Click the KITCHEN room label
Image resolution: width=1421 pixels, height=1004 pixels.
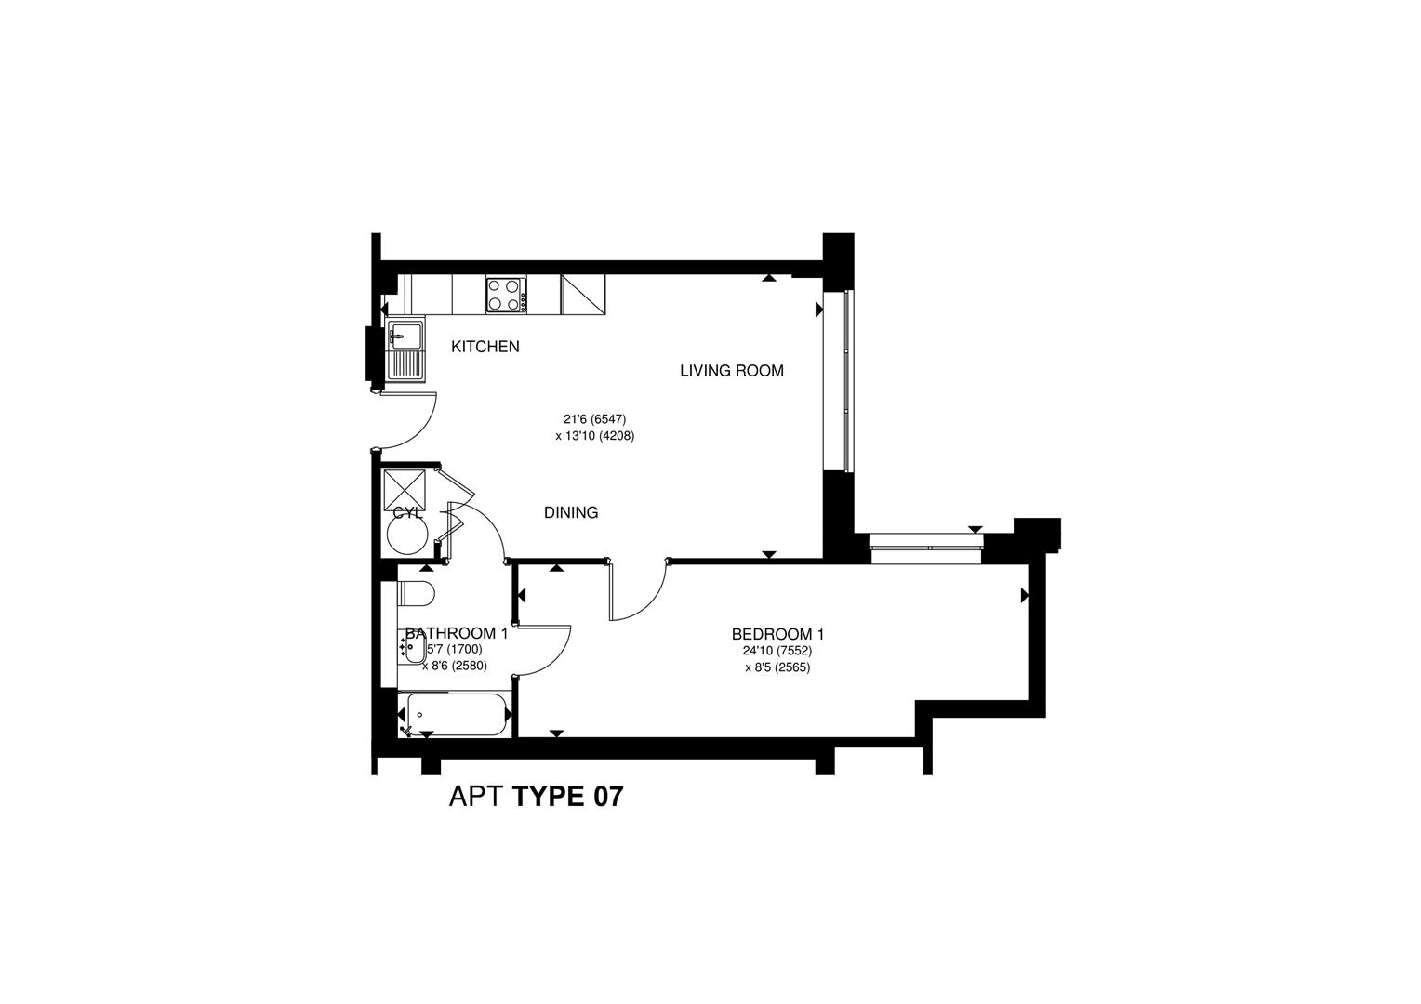point(485,347)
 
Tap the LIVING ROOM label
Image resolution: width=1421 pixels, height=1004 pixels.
point(731,371)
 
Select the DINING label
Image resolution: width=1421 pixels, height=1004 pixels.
point(571,512)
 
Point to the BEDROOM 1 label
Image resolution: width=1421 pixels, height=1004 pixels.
point(777,635)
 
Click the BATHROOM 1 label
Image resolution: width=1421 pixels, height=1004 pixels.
point(456,633)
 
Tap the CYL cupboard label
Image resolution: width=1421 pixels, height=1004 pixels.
point(407,512)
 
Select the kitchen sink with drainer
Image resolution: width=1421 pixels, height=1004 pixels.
point(405,350)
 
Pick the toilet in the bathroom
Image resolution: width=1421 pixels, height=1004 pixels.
point(416,593)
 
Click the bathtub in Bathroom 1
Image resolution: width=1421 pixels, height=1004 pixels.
point(453,715)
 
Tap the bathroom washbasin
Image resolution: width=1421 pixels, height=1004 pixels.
point(413,647)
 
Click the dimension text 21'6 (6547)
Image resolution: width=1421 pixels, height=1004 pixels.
point(594,419)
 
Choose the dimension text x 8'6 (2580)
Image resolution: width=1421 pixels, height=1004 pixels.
point(454,665)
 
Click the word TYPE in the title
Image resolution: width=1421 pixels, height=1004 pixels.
point(549,797)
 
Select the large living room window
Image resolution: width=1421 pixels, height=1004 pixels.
point(844,381)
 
